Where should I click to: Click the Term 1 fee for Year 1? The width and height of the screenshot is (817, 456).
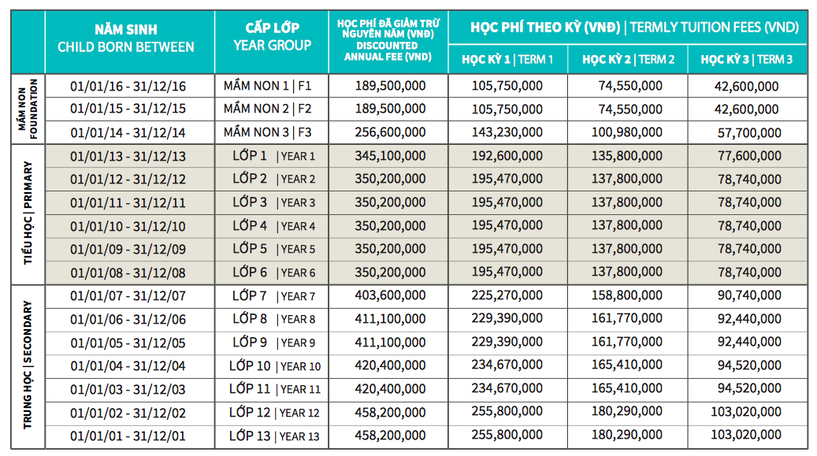pos(507,156)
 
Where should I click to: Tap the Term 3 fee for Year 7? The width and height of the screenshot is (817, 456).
pos(749,296)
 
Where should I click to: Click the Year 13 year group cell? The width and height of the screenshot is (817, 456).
pos(274,436)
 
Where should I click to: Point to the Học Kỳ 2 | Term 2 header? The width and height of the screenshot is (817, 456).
pos(628,59)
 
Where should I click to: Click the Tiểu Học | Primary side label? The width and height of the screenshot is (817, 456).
pos(28,213)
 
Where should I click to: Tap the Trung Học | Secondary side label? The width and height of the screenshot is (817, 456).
pos(28,365)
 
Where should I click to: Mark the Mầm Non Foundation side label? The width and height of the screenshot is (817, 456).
pos(28,109)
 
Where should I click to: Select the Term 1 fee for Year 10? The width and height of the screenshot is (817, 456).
pos(507,365)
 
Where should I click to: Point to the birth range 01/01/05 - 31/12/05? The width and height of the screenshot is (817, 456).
pos(128,343)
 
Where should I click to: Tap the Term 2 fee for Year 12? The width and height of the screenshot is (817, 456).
pos(628,412)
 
